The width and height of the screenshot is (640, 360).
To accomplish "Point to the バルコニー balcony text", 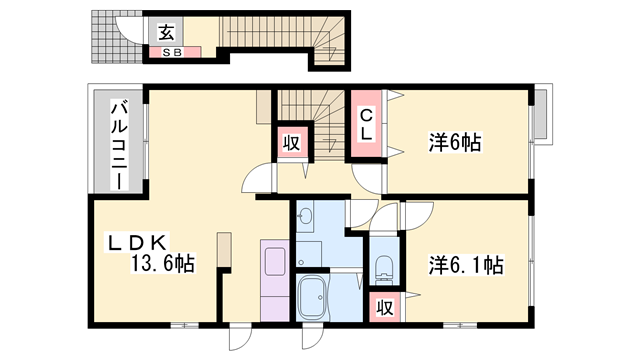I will [118, 145].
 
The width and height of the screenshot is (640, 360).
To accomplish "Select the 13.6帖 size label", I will [160, 265].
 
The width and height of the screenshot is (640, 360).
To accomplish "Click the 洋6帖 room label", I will [456, 143].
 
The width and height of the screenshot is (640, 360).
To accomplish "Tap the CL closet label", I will [367, 123].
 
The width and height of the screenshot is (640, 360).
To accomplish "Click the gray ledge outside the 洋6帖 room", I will [541, 115].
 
